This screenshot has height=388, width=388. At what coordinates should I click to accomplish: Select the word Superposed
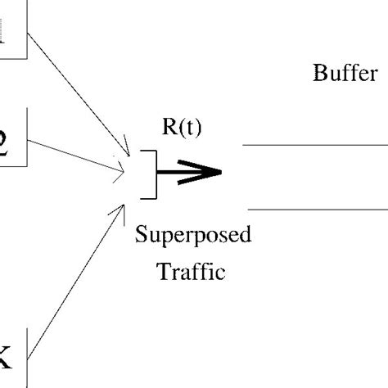coord(193,238)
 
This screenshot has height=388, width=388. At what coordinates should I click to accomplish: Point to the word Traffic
coord(191,271)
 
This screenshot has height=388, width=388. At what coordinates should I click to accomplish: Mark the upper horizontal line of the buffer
coord(315,144)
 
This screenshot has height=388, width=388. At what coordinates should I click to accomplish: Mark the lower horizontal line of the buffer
coord(315,210)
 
